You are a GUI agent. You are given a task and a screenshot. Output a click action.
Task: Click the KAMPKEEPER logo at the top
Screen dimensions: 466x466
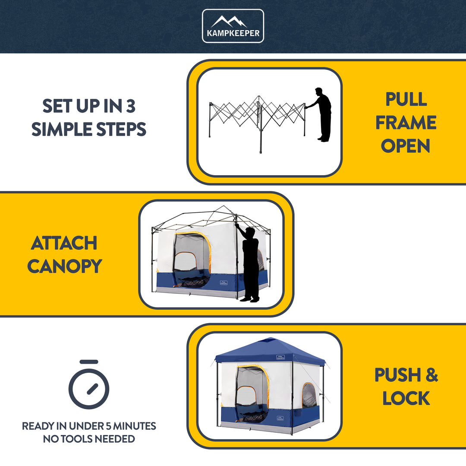233,26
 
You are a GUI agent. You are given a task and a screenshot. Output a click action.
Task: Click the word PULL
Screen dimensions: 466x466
406,99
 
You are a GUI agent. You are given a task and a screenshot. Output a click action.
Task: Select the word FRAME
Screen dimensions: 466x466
406,123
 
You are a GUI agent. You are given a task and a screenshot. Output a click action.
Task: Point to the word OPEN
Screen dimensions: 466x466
406,146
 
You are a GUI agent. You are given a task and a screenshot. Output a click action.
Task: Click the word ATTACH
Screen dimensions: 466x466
64,243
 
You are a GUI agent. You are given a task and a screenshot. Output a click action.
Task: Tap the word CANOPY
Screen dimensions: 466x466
64,266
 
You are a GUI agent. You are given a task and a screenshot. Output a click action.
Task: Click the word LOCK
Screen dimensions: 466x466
406,398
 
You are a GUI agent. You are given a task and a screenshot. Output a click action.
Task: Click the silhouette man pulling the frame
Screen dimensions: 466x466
321,114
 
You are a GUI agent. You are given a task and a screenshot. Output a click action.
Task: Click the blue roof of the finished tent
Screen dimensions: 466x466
270,350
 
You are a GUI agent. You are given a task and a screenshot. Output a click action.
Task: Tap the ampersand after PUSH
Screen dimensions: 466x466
431,375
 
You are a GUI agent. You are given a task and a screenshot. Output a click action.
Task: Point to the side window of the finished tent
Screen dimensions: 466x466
309,394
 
